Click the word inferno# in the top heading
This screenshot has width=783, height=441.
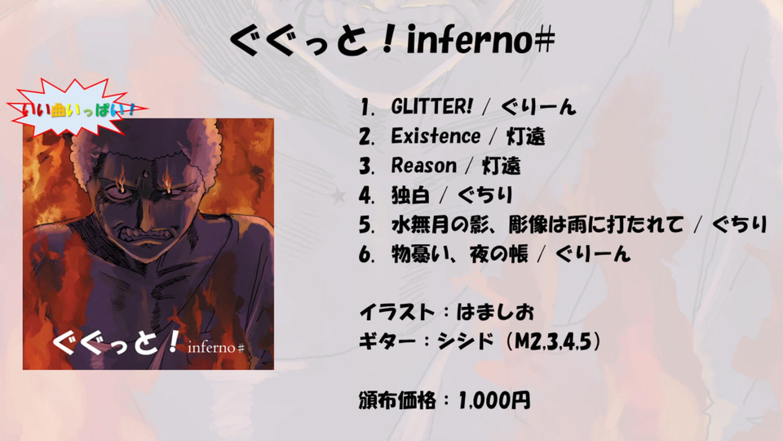480,40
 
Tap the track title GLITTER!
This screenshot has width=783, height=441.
431,106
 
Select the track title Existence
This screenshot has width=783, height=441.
436,136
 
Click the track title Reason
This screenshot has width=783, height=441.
423,166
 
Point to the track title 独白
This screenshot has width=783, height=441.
410,195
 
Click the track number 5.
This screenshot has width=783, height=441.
366,225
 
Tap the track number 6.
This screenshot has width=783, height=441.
366,255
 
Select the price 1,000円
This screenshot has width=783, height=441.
494,400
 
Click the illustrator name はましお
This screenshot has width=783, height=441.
495,313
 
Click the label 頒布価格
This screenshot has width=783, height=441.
397,400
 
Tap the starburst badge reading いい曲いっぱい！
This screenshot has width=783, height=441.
75,108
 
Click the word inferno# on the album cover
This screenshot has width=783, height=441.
215,347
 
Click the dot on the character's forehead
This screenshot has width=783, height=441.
144,175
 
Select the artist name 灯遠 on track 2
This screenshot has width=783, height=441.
525,136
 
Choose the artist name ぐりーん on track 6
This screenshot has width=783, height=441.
593,255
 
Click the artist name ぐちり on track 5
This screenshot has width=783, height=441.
739,225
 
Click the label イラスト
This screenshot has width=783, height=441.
396,313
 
